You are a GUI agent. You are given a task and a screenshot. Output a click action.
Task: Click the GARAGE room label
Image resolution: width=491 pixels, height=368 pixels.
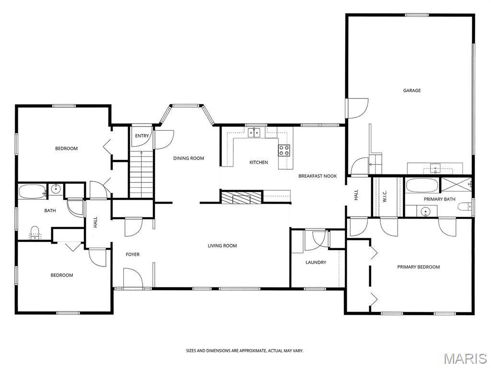pyautogui.click(x=412, y=91)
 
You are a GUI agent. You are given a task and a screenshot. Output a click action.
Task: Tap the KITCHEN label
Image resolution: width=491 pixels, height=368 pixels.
pyautogui.click(x=258, y=162)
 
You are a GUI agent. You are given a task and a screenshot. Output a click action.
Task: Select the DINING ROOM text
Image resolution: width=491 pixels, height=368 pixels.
pyautogui.click(x=188, y=158)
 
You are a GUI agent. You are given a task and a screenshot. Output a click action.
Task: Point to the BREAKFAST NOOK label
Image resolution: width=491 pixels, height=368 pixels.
pyautogui.click(x=317, y=176)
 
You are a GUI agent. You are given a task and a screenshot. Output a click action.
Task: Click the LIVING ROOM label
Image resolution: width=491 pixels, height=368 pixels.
pyautogui.click(x=222, y=246)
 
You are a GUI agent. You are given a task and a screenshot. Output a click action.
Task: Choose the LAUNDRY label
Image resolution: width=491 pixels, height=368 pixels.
pyautogui.click(x=316, y=262)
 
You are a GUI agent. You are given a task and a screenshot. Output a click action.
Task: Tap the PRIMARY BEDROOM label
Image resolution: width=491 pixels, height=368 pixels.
pyautogui.click(x=418, y=267)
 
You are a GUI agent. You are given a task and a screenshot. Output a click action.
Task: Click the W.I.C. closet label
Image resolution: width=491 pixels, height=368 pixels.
pyautogui.click(x=385, y=196)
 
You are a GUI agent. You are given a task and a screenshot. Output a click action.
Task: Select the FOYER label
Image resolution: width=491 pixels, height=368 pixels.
pyautogui.click(x=133, y=254)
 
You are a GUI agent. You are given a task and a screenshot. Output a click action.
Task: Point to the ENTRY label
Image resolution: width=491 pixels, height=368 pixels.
pyautogui.click(x=142, y=136)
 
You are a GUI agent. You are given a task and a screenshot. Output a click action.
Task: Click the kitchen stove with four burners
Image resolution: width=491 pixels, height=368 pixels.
pyautogui.click(x=284, y=150)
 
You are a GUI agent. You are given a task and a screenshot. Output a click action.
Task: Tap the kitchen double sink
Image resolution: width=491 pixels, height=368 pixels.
pyautogui.click(x=254, y=133)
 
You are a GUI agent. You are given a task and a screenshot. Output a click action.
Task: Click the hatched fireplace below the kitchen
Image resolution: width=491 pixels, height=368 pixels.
pyautogui.click(x=241, y=197)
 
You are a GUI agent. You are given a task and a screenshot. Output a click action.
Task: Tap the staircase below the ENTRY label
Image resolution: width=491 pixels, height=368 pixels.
pyautogui.click(x=142, y=173)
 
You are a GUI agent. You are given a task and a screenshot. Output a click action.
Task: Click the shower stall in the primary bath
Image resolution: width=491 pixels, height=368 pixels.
pyautogui.click(x=456, y=184)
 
